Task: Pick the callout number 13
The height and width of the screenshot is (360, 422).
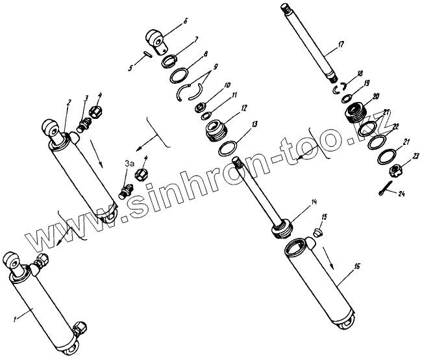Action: coord(255,123)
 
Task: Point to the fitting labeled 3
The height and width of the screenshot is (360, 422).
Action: coord(83,122)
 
